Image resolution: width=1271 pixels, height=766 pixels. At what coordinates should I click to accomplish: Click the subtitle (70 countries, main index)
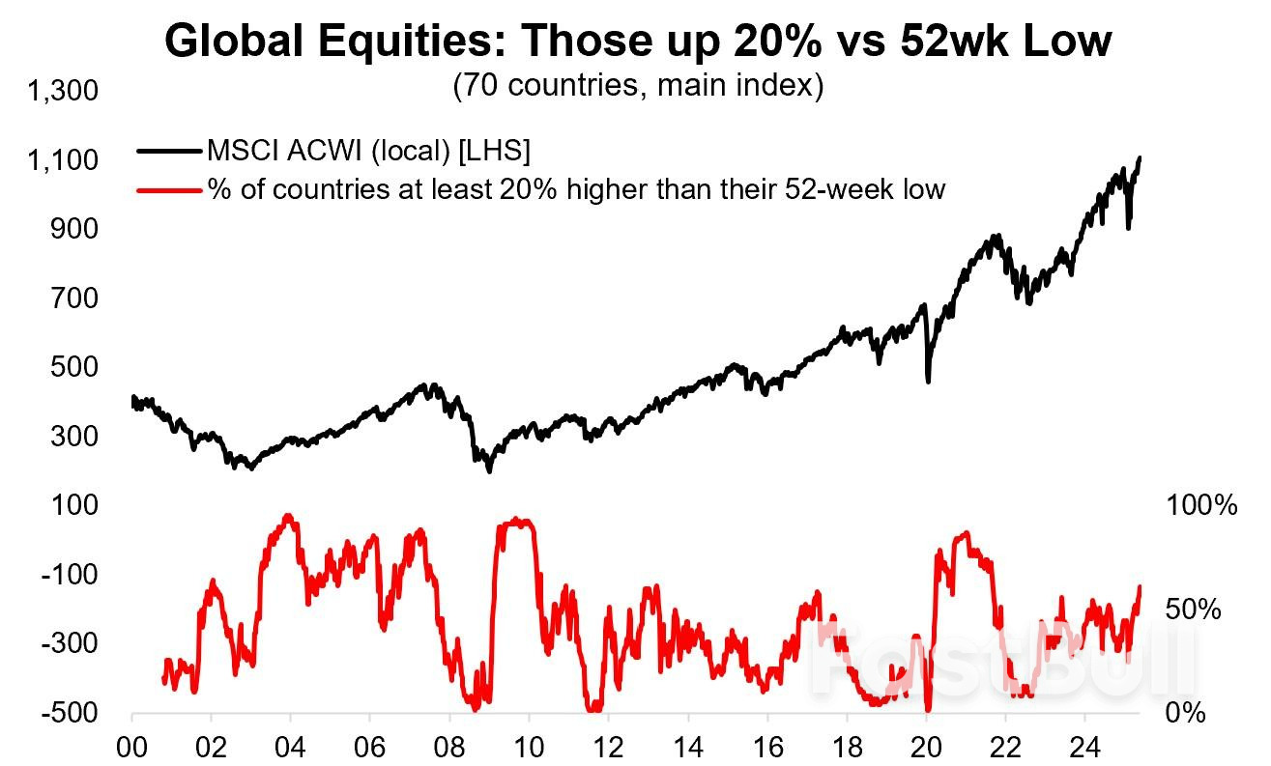point(638,86)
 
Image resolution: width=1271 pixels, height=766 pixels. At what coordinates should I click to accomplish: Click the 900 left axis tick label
point(77,229)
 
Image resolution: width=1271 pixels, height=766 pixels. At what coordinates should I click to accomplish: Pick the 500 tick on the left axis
point(77,367)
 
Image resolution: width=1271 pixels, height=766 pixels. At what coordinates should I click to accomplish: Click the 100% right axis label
point(1201,505)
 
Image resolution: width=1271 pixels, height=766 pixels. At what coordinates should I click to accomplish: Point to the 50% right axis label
point(1195,610)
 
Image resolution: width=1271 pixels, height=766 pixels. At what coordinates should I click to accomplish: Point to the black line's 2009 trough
point(489,471)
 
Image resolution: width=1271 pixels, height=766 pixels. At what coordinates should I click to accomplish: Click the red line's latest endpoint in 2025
point(1141,586)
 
